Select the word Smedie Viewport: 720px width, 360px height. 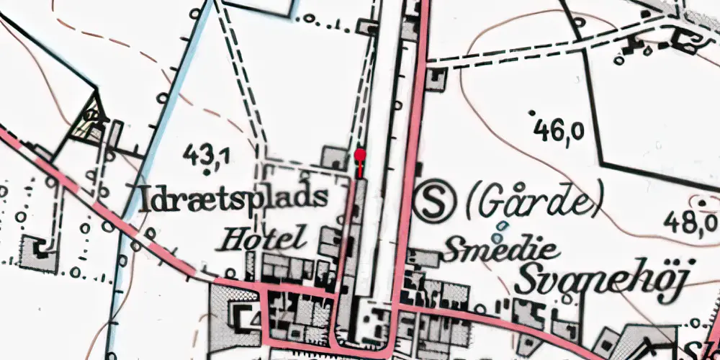(x=503, y=251)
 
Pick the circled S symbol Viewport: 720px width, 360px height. (x=434, y=203)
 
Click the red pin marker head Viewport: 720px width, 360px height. (x=360, y=154)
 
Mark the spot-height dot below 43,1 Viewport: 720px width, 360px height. (x=208, y=172)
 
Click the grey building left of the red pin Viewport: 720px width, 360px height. (x=334, y=157)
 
